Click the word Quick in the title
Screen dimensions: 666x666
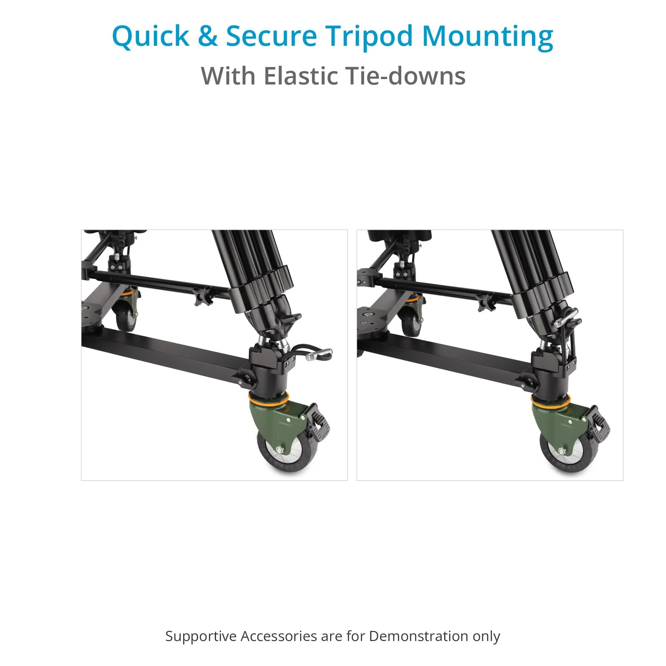(x=151, y=37)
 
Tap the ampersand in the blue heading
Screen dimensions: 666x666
(x=207, y=35)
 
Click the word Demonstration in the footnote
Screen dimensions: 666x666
(x=419, y=636)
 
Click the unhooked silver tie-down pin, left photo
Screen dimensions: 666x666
(x=319, y=354)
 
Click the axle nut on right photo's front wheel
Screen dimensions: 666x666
(x=562, y=451)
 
